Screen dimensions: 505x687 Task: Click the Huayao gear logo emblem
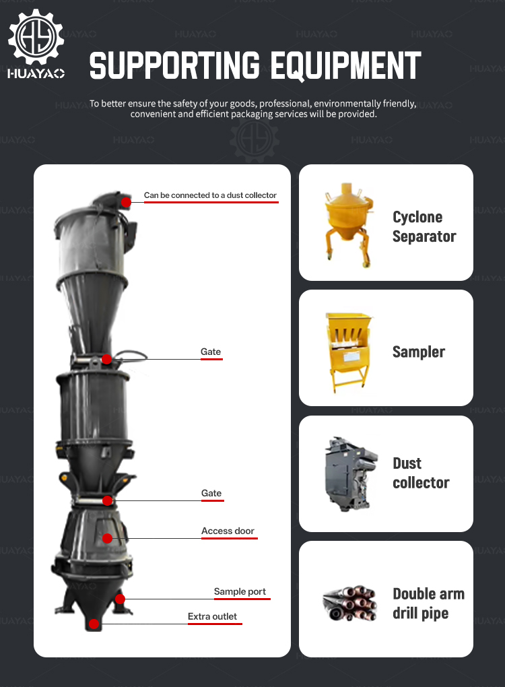[36, 37]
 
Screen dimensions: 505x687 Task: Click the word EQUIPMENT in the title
[345, 66]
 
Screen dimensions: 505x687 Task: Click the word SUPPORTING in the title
[175, 66]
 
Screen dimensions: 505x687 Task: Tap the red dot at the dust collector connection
[126, 202]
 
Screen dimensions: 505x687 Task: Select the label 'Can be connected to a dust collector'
[210, 195]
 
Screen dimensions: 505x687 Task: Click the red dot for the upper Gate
[106, 359]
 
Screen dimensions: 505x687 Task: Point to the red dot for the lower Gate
[107, 500]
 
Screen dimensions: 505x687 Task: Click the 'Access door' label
[228, 531]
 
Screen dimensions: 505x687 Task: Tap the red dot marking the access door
[107, 538]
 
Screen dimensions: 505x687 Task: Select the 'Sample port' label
[240, 591]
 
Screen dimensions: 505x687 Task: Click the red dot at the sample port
[120, 599]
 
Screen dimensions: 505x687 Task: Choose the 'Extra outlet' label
[212, 616]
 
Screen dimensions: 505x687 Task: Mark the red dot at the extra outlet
[94, 624]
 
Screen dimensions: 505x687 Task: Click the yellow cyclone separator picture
[348, 224]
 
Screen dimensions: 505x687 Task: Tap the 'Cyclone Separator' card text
[424, 226]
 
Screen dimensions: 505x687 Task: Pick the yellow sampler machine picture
[349, 352]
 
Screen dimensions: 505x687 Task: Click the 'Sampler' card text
[419, 352]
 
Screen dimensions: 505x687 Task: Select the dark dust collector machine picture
[350, 474]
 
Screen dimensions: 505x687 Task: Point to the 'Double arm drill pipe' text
[428, 603]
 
